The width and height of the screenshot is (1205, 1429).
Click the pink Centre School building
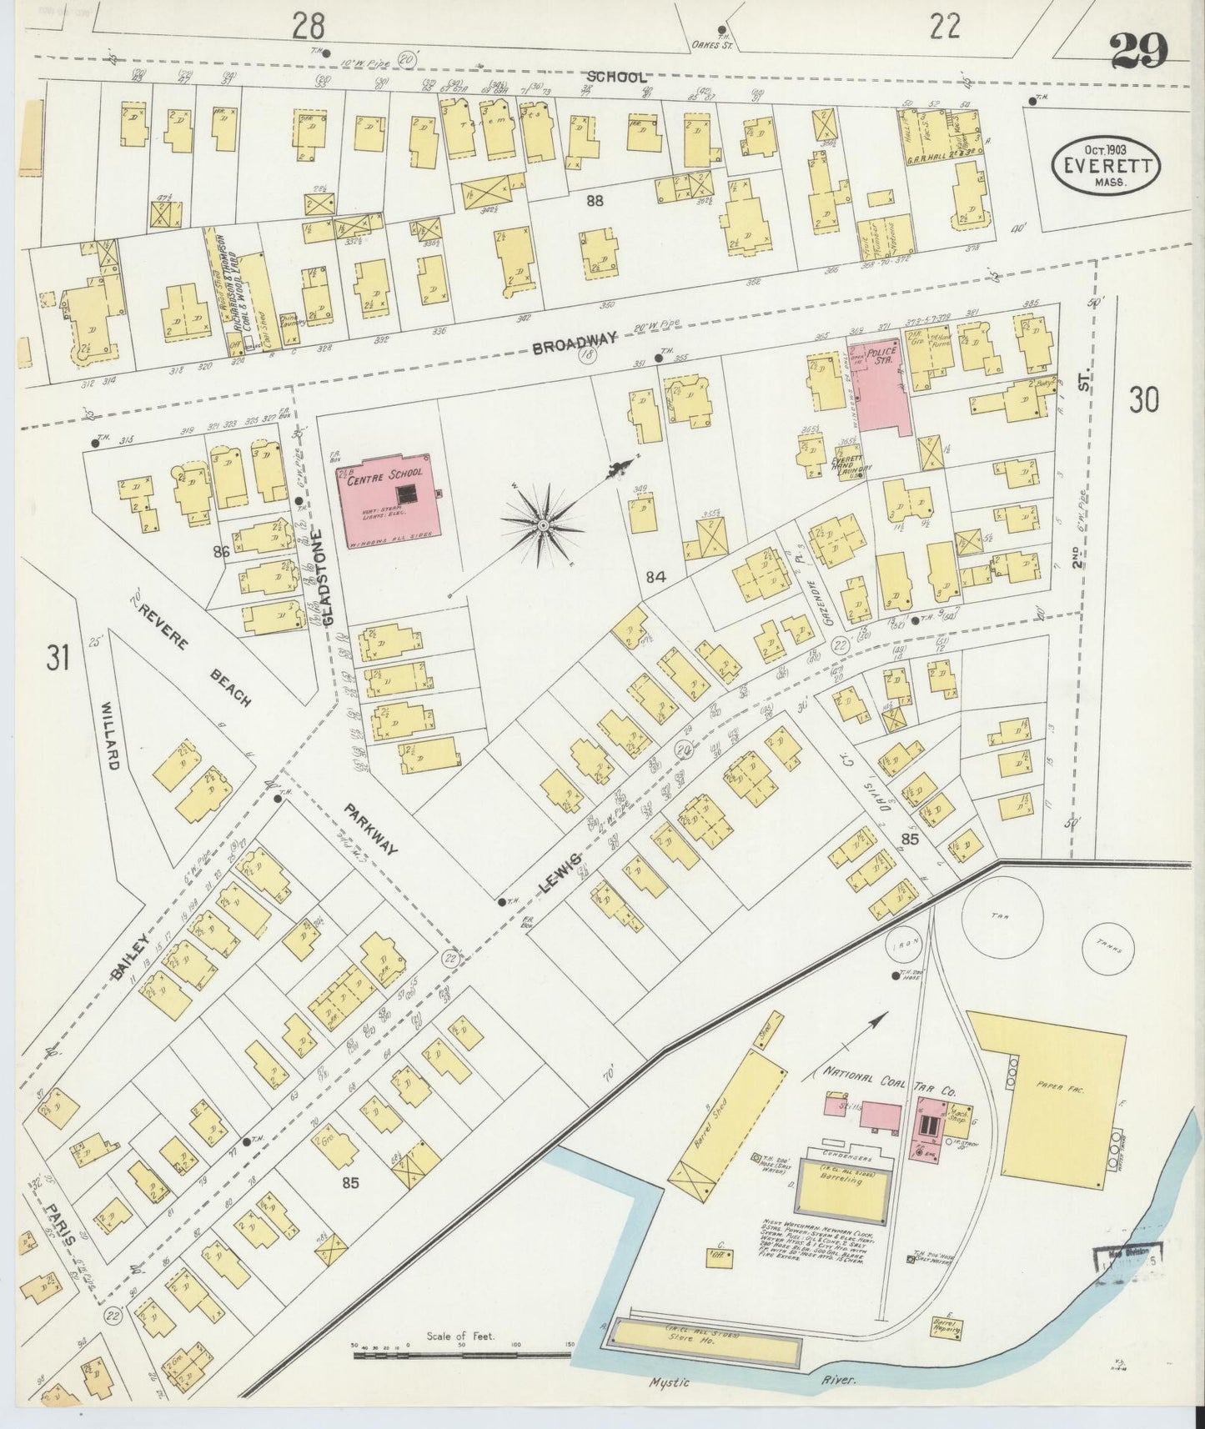[388, 500]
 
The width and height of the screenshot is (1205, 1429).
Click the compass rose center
[543, 524]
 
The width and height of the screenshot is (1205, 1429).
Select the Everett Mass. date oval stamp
[1107, 165]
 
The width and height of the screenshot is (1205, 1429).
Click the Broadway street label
[575, 342]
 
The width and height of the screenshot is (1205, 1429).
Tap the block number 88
[594, 200]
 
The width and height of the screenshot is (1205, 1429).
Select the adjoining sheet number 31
[57, 659]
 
